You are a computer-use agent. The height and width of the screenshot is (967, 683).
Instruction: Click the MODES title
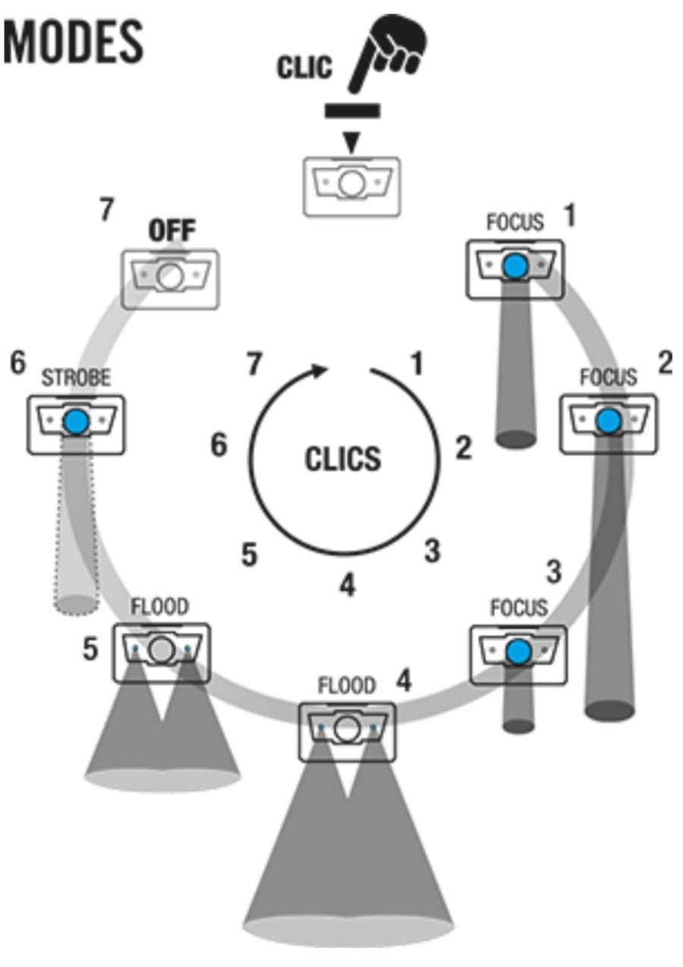click(74, 43)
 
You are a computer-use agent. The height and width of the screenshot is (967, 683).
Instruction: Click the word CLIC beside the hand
click(304, 68)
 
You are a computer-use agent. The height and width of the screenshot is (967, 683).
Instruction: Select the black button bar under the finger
click(352, 110)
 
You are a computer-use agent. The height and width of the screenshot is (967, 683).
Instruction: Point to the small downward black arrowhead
click(352, 141)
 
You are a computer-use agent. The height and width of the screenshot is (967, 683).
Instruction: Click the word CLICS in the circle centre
click(343, 459)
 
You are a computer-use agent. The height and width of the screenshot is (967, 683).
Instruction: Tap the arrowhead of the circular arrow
click(320, 371)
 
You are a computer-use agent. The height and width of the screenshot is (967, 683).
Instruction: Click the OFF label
click(172, 230)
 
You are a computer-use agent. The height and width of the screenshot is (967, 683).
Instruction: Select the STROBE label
click(76, 378)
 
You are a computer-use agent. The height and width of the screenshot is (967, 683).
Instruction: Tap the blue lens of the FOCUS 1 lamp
click(516, 266)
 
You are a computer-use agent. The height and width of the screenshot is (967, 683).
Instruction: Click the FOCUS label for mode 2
click(609, 377)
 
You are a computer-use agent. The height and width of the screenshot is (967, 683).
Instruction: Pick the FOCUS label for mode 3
click(519, 608)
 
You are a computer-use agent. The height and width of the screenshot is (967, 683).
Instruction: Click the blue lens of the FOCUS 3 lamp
click(519, 652)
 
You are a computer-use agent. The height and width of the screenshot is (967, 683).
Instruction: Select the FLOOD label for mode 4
click(347, 685)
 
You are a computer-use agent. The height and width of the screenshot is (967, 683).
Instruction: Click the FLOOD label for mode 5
click(160, 606)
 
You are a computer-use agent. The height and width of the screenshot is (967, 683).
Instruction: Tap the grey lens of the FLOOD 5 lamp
click(162, 650)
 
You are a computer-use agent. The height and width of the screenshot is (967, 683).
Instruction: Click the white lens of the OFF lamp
click(170, 277)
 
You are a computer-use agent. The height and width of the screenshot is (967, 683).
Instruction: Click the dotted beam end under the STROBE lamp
click(77, 605)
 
